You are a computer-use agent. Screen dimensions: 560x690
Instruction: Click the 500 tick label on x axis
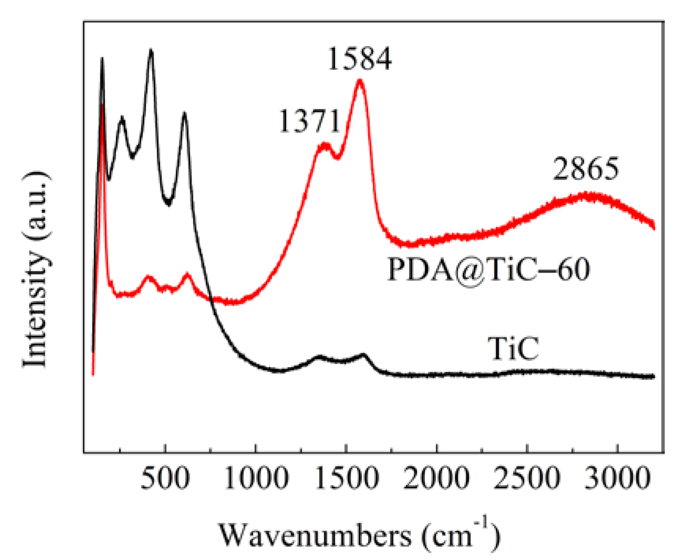(x=165, y=478)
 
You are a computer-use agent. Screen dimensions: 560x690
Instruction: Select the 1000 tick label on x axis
(x=256, y=478)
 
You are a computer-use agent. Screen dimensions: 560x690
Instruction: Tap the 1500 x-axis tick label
(x=347, y=478)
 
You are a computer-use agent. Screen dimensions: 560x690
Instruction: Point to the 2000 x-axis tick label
(x=437, y=478)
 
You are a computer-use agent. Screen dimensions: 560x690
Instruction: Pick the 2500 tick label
(x=527, y=478)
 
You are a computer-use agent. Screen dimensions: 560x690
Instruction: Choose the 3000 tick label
(x=617, y=478)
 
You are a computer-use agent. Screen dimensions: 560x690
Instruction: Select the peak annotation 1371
(x=309, y=121)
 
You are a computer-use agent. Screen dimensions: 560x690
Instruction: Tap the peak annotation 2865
(x=586, y=169)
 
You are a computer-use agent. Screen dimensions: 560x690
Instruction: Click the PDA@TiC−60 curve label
(x=488, y=270)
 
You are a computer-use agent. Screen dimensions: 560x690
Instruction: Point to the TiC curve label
(x=513, y=349)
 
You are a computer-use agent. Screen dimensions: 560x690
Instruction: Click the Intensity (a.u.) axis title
(x=36, y=270)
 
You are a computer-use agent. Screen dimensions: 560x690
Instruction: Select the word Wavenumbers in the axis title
(x=315, y=536)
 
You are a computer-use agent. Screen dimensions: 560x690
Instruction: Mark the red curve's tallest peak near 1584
(x=360, y=80)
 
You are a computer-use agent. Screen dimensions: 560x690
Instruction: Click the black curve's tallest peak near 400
(x=151, y=50)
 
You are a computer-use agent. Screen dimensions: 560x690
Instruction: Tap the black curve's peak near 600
(x=184, y=113)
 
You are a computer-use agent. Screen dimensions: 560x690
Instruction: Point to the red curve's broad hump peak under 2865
(x=588, y=195)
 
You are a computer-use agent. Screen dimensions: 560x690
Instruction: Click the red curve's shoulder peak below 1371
(x=325, y=144)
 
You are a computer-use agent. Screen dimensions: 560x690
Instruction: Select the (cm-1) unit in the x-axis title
(x=460, y=535)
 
